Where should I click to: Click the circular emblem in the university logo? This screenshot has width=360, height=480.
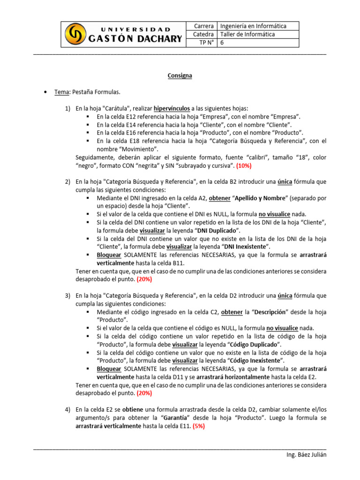coord(75,34)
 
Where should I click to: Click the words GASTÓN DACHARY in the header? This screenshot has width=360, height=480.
coord(135,38)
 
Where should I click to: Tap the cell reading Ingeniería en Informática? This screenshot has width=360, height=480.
coord(253,26)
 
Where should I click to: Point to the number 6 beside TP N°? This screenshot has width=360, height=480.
coord(222,43)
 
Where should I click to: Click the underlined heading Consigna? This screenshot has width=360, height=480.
coord(180,75)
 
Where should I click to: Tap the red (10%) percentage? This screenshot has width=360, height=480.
coord(244,165)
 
